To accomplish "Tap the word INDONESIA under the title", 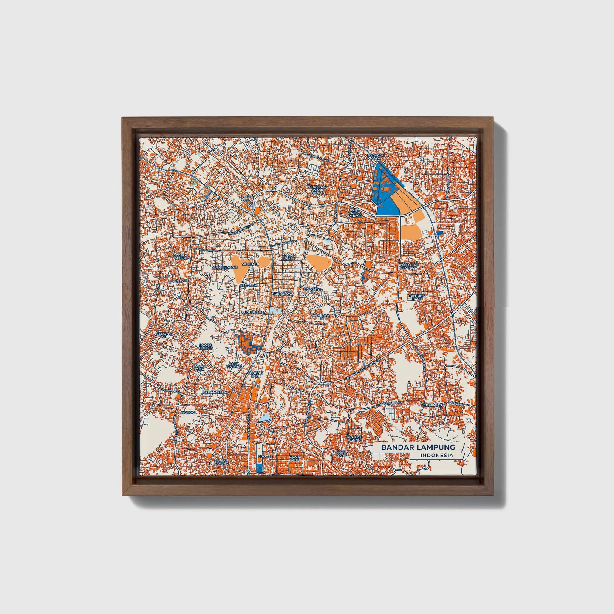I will pos(436,455).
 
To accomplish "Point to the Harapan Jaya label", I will pos(376,158).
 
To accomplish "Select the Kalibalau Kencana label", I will pos(409,266).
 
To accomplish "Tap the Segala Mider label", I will pos(180,256).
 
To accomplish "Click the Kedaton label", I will pos(248,285).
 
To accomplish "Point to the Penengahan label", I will pos(254,312).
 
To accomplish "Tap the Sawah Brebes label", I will pos(206,347).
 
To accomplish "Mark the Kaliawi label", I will pos(187,412).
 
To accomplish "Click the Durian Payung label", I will pos(221,462).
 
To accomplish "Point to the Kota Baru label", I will pos(342,454).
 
